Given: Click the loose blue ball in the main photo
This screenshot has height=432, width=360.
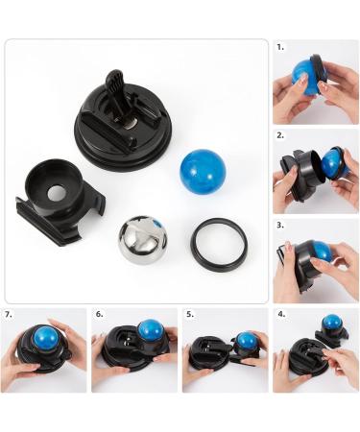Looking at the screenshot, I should pyautogui.click(x=202, y=170).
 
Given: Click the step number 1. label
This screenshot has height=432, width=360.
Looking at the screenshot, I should pyautogui.click(x=280, y=46).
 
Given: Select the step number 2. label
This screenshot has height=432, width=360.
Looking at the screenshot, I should pyautogui.click(x=280, y=135).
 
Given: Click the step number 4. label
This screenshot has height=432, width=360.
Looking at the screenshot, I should pyautogui.click(x=280, y=313).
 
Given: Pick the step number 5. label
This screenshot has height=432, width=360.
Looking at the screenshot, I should pyautogui.click(x=190, y=313).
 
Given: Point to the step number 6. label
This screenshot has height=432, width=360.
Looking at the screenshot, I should pyautogui.click(x=99, y=313).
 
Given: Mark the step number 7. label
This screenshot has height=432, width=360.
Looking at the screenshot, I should pyautogui.click(x=9, y=313).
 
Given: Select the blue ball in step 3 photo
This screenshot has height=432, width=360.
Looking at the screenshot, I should pyautogui.click(x=321, y=252).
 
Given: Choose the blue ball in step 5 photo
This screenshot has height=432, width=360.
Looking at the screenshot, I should pyautogui.click(x=247, y=341).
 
